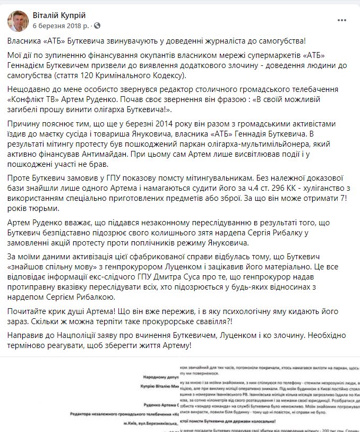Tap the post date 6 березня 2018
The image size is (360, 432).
[59, 25]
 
